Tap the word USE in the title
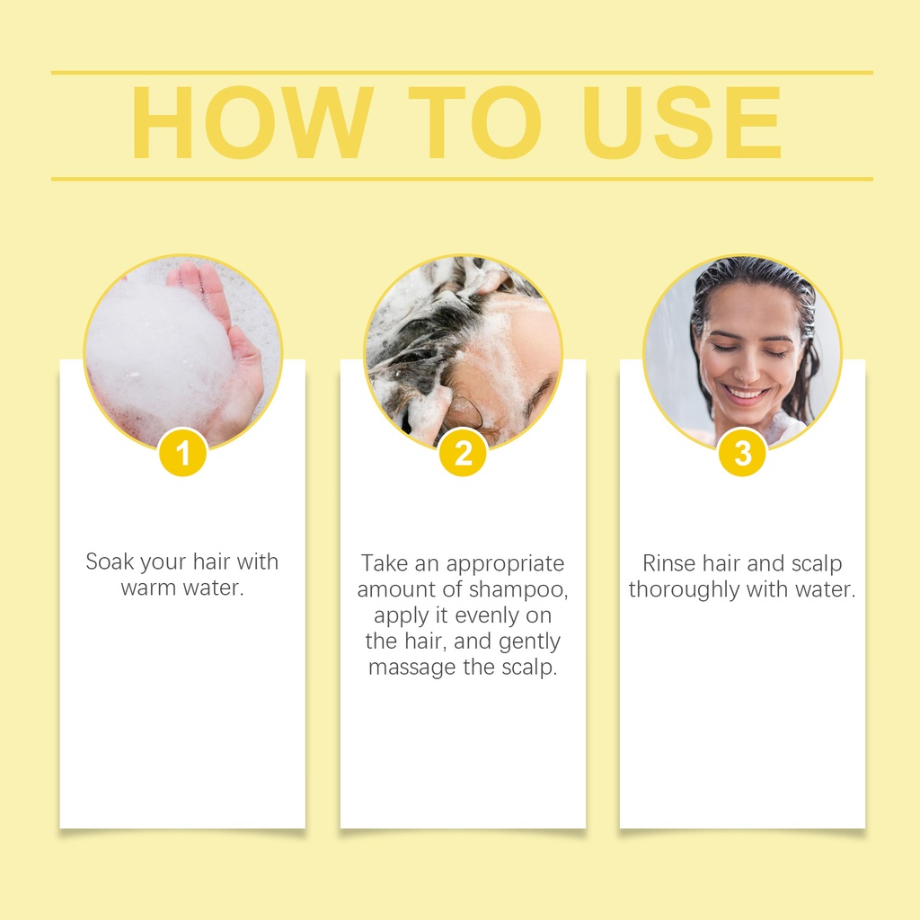(x=681, y=122)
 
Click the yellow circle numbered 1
(x=182, y=453)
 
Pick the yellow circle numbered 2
(x=463, y=453)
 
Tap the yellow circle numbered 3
(x=742, y=453)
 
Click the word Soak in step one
(x=110, y=562)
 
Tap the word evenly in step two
(x=486, y=616)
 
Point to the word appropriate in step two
(x=505, y=564)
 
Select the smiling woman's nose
(x=747, y=367)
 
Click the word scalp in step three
(x=817, y=564)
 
